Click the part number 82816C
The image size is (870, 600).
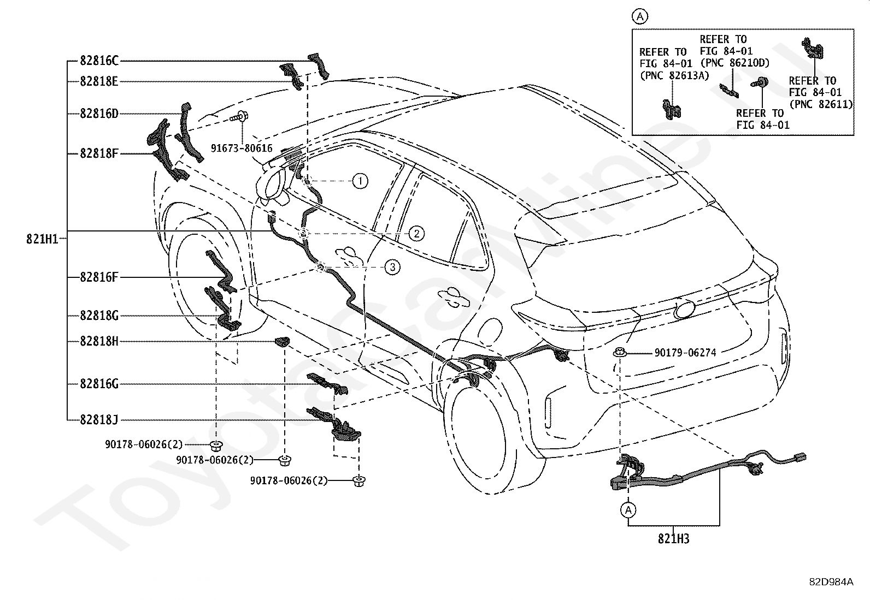point(99,61)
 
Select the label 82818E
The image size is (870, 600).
point(99,81)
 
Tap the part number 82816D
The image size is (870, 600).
point(99,114)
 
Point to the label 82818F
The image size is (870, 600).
point(99,154)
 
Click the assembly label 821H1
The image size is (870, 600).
point(42,239)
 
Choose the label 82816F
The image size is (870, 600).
point(99,277)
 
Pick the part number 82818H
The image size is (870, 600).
point(99,341)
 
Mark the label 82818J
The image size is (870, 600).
point(99,420)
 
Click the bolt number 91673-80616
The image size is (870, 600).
point(242,148)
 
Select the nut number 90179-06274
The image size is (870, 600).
point(685,353)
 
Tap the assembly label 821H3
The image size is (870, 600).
point(673,539)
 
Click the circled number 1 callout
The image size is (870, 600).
point(360,181)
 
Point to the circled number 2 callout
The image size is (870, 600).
point(417,234)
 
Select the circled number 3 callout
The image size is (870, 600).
point(392,267)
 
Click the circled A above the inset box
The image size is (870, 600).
point(640,17)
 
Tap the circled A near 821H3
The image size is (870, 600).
point(628,510)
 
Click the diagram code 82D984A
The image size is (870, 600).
point(831,582)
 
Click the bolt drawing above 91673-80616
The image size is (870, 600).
point(239,116)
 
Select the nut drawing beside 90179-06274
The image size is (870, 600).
point(620,352)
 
